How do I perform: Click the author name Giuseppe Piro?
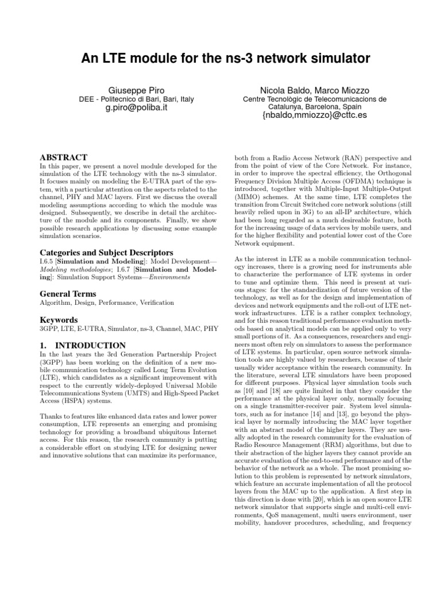132,90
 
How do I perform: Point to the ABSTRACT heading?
63,157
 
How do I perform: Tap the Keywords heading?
58,319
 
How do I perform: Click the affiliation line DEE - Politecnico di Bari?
136,99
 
